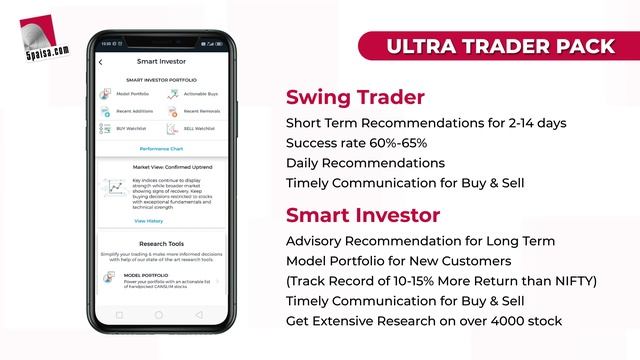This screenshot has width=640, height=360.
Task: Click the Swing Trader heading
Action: pyautogui.click(x=355, y=98)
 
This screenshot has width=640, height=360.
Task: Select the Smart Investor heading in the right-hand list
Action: pyautogui.click(x=363, y=215)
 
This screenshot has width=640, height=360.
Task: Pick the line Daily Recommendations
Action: pyautogui.click(x=365, y=162)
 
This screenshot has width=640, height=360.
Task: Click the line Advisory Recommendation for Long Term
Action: pyautogui.click(x=420, y=241)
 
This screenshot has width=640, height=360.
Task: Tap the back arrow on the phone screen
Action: pyautogui.click(x=101, y=62)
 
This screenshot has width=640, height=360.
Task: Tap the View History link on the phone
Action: pyautogui.click(x=148, y=220)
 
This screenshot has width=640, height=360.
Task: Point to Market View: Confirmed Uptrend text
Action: pyautogui.click(x=160, y=168)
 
